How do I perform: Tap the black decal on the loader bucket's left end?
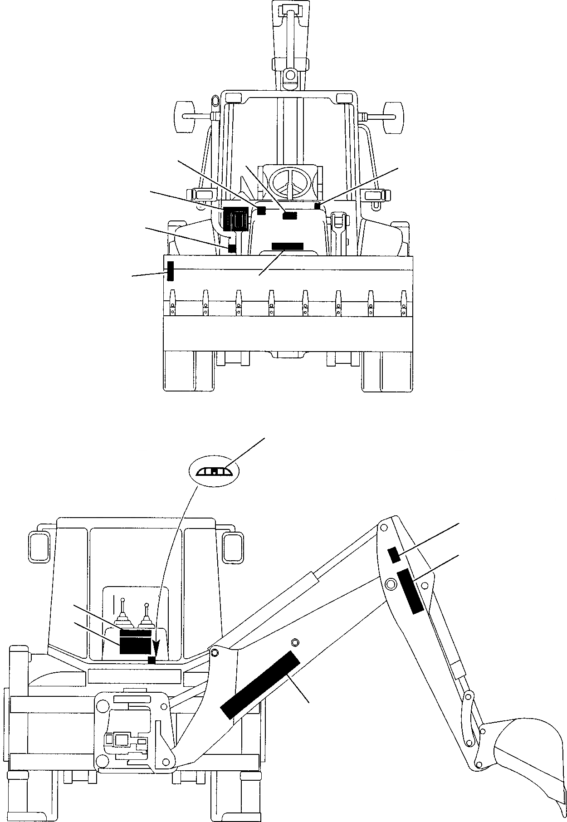click(x=171, y=271)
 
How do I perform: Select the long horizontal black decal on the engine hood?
click(x=287, y=246)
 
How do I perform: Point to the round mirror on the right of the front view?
click(x=393, y=116)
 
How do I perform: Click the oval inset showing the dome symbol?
click(x=212, y=472)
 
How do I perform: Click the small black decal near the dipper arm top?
click(x=394, y=554)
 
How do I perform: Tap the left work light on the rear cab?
click(x=39, y=542)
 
